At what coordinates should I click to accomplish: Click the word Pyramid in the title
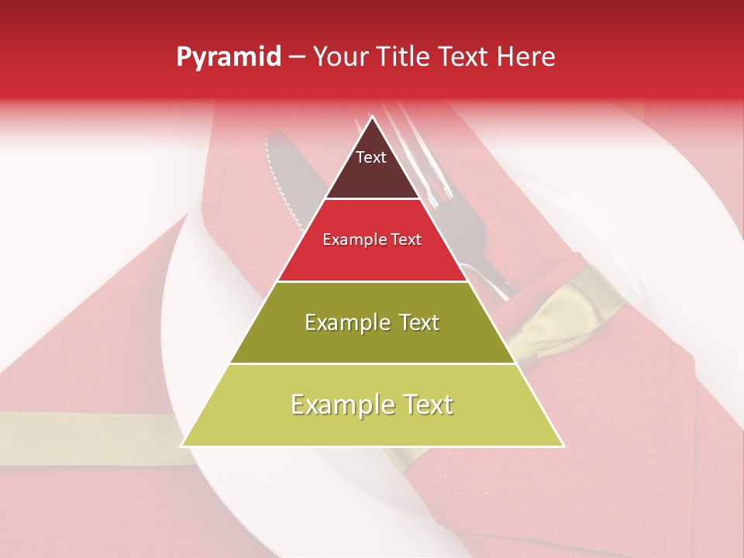pos(229,57)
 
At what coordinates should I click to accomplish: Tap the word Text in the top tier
pos(371,157)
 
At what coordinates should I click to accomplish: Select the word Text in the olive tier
pos(415,322)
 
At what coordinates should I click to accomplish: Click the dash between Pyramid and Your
pos(297,57)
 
